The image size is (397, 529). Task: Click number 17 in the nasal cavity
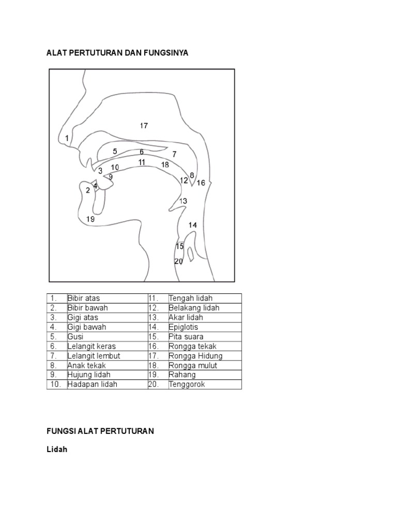(x=144, y=126)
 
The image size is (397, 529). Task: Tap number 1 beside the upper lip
(x=67, y=138)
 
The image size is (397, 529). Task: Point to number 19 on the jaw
(x=90, y=219)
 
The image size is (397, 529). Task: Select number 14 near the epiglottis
(x=193, y=225)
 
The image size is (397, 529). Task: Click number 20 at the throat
(x=179, y=261)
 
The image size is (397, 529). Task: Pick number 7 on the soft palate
(x=175, y=154)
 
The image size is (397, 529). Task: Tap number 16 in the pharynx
(x=201, y=183)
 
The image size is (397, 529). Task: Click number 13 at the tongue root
(x=183, y=201)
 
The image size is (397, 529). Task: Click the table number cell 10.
(x=56, y=384)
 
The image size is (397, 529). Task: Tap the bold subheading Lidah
(x=57, y=450)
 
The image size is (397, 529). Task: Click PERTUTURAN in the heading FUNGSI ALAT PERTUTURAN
(x=128, y=431)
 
